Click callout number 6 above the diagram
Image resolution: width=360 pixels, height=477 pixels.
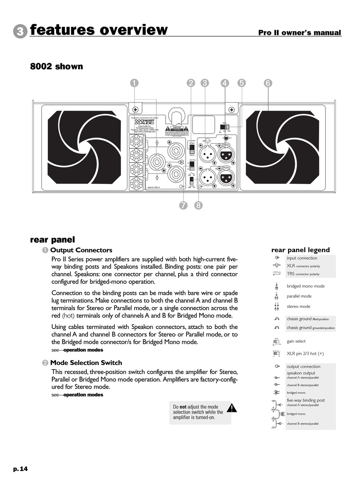[x=268, y=83]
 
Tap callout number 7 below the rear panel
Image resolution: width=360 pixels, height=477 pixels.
[x=183, y=206]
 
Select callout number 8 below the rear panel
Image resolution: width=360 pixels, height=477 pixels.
[x=198, y=206]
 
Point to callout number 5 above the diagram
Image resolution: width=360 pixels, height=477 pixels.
[x=241, y=83]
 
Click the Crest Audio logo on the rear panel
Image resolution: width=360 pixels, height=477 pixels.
[x=147, y=123]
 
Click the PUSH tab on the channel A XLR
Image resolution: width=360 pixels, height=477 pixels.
[x=226, y=145]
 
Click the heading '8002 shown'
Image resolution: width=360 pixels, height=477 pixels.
[x=56, y=67]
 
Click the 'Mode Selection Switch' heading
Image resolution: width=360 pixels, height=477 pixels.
[x=86, y=363]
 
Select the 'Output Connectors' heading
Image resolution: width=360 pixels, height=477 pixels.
[x=81, y=250]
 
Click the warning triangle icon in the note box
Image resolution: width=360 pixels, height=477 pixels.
[x=232, y=408]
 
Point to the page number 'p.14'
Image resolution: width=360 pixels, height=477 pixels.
[x=20, y=469]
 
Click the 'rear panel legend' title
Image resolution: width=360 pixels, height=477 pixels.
[x=301, y=250]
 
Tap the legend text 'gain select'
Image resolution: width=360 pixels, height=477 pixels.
[x=296, y=341]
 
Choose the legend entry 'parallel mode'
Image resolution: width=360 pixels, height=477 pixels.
[x=299, y=296]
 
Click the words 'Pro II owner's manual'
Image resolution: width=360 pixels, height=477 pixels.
[x=299, y=33]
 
